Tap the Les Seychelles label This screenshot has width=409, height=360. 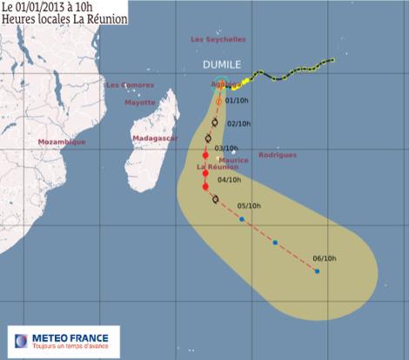218,40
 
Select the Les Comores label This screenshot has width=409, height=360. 129,85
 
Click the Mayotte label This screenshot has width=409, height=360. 139,102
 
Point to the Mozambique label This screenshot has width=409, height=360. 62,142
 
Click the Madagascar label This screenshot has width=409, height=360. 155,138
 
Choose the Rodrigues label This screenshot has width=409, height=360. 278,155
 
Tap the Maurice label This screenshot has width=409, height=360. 233,160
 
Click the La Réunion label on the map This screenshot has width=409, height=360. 213,166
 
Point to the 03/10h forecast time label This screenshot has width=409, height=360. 225,149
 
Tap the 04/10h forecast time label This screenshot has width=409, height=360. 229,180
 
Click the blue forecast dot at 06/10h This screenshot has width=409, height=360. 317,271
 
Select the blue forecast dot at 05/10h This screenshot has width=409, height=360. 241,219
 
